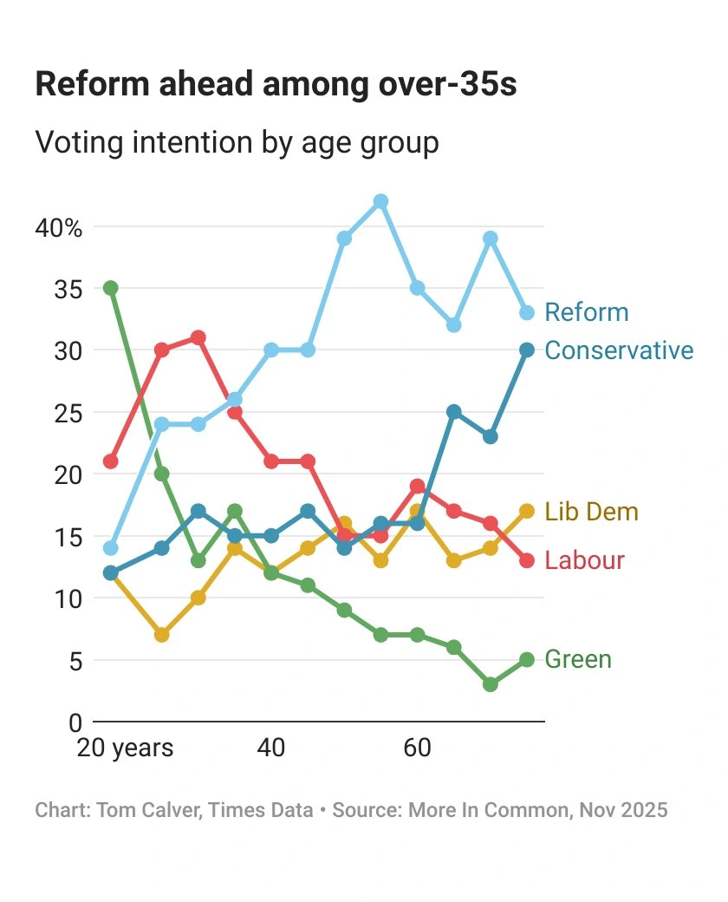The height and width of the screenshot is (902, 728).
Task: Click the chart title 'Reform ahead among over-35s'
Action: coord(276,85)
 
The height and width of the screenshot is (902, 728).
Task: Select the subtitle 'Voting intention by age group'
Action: coord(237,142)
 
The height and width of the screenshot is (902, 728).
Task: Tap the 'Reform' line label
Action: coord(587,312)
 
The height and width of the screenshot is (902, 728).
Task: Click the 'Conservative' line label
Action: coord(619,350)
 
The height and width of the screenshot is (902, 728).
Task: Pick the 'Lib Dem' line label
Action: coord(591,512)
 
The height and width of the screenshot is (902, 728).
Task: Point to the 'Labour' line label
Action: coord(584,560)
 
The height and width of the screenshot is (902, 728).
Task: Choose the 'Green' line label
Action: coord(578,660)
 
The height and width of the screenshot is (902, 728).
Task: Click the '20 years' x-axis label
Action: coord(125,748)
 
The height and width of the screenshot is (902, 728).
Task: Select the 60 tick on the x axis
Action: coord(418,748)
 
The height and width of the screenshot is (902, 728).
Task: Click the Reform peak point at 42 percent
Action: coord(380,201)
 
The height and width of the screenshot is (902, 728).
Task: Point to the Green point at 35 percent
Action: coord(110,288)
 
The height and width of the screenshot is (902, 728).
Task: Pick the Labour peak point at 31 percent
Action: coord(198,337)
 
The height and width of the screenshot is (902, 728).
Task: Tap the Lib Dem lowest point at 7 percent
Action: coord(161,635)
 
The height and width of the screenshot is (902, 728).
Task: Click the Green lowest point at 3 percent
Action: coord(491,684)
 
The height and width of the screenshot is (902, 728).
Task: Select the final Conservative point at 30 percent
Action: coord(527,350)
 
